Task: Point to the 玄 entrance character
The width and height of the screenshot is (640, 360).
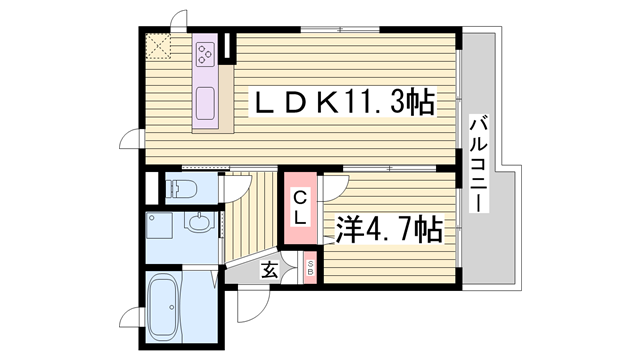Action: coord(271,268)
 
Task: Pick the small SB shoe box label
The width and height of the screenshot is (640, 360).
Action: coord(309,267)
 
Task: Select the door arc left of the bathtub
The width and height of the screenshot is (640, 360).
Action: coord(130,319)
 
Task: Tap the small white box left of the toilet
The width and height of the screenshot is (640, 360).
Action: coord(152,189)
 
